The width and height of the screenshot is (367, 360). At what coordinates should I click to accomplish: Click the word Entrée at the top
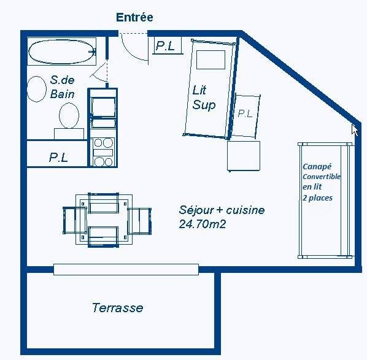pos(134,17)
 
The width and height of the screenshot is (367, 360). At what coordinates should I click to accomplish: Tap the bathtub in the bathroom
pos(62,52)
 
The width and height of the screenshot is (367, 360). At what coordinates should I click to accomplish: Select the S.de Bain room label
pos(63,86)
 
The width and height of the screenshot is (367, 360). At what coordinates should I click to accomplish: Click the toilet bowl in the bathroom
pos(69,115)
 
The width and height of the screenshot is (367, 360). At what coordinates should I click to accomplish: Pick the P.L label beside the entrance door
pos(165,45)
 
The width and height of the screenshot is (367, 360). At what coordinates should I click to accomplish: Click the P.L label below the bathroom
pos(59,158)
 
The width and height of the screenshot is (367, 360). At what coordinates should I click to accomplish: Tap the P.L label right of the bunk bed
pos(245,113)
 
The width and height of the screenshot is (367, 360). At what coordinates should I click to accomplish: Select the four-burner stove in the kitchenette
pos(102,151)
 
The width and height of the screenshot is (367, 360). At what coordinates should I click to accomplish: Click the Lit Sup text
pos(204,98)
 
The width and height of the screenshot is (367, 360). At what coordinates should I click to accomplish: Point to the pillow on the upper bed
pos(211,59)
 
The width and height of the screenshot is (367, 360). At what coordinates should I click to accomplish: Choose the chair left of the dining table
pos(74,219)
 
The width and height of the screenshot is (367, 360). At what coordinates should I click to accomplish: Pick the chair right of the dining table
pos(139,219)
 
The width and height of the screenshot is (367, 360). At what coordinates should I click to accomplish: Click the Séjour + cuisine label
pos(222,210)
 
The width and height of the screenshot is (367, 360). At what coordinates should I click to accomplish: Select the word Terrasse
pos(117,307)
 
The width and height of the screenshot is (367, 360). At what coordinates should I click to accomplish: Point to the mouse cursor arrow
pos(354,129)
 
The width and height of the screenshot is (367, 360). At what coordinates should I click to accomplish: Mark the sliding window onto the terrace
pos(126,269)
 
